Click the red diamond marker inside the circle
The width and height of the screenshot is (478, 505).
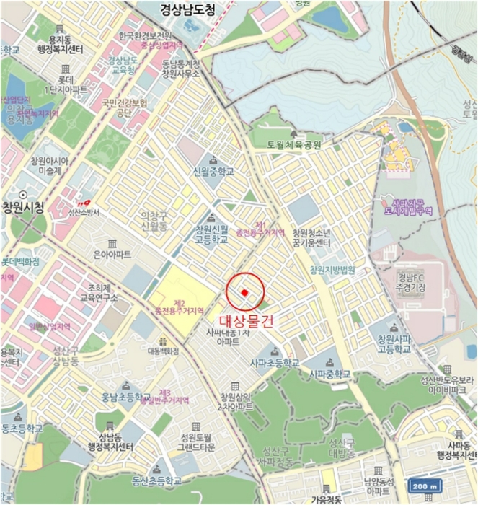(245, 291)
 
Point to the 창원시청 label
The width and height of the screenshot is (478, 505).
(22, 208)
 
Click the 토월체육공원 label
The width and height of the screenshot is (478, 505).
(293, 145)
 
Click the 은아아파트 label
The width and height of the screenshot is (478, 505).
(112, 255)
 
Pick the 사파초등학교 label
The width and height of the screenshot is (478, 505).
(274, 363)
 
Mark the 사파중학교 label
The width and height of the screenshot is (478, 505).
(329, 374)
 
